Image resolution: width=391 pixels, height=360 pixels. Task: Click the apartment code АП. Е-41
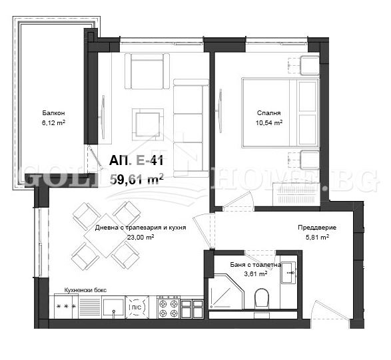click(x=137, y=160)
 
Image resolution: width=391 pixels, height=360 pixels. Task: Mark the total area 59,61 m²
click(x=137, y=178)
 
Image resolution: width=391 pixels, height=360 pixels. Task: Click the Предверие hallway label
click(x=316, y=228)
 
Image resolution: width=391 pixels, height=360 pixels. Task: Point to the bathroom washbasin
click(x=289, y=271)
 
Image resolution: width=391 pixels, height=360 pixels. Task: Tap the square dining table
click(x=101, y=235)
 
